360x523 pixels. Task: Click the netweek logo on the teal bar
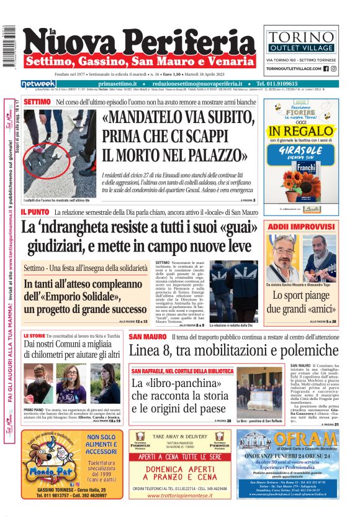(x=38, y=84)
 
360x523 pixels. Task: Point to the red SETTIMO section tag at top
(x=37, y=101)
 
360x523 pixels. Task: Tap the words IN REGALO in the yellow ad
(x=301, y=131)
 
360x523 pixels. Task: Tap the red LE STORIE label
(x=34, y=336)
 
